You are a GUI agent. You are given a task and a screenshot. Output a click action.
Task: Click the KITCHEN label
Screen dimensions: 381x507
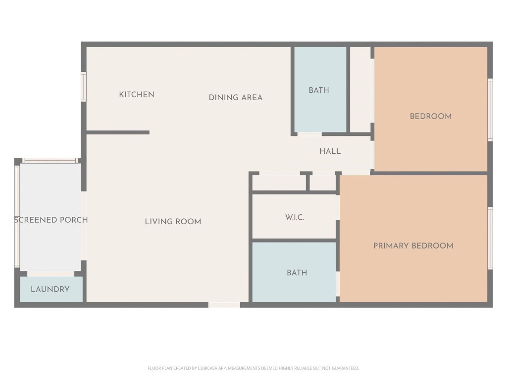(137, 94)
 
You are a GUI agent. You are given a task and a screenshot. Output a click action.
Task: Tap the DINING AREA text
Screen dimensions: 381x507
(235, 98)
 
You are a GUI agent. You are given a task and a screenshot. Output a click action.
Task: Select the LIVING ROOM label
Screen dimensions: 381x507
(173, 222)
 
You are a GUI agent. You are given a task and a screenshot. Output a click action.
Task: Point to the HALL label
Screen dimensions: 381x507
(330, 151)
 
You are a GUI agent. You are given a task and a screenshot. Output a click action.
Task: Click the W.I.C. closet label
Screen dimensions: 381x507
(295, 217)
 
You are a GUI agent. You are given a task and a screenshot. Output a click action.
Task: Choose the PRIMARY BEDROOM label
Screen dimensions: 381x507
(413, 246)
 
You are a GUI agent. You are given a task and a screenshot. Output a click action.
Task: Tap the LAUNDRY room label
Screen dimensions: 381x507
(50, 289)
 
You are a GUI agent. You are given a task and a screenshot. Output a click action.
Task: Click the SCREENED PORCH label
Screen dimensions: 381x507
(51, 220)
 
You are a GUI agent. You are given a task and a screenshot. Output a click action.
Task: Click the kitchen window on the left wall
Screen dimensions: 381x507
(84, 87)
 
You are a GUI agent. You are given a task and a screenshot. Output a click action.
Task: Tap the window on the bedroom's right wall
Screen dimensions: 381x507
(490, 110)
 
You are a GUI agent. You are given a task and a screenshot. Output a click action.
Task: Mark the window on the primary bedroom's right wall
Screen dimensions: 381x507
(490, 238)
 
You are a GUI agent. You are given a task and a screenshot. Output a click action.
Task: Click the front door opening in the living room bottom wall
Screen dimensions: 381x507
(224, 305)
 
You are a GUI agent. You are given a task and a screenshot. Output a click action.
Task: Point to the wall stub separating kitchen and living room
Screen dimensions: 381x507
(118, 132)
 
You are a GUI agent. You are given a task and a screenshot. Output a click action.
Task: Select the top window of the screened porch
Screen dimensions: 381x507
(50, 161)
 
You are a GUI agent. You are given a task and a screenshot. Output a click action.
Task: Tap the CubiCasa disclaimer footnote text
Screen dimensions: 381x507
(253, 368)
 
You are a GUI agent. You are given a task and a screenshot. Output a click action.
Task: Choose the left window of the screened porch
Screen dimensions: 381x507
(17, 216)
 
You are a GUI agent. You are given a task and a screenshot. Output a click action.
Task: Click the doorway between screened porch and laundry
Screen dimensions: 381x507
(51, 274)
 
